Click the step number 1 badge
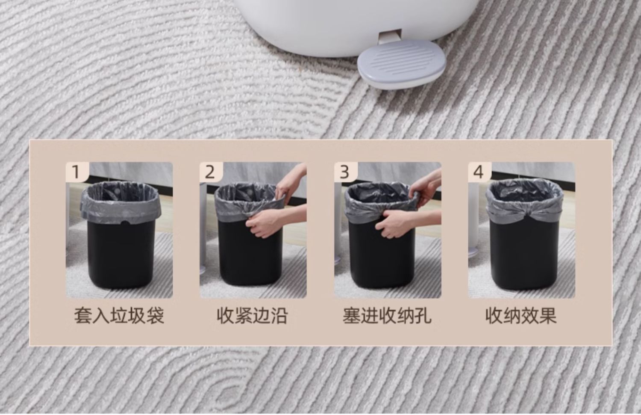(x=76, y=172)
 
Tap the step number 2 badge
(x=211, y=172)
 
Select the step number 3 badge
(x=345, y=172)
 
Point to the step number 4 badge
(x=479, y=172)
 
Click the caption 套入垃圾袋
(x=119, y=316)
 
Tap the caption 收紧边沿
(x=252, y=316)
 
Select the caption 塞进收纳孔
(x=387, y=316)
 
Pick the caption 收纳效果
(x=521, y=316)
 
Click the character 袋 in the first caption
(x=156, y=316)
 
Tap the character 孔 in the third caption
(x=423, y=316)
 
